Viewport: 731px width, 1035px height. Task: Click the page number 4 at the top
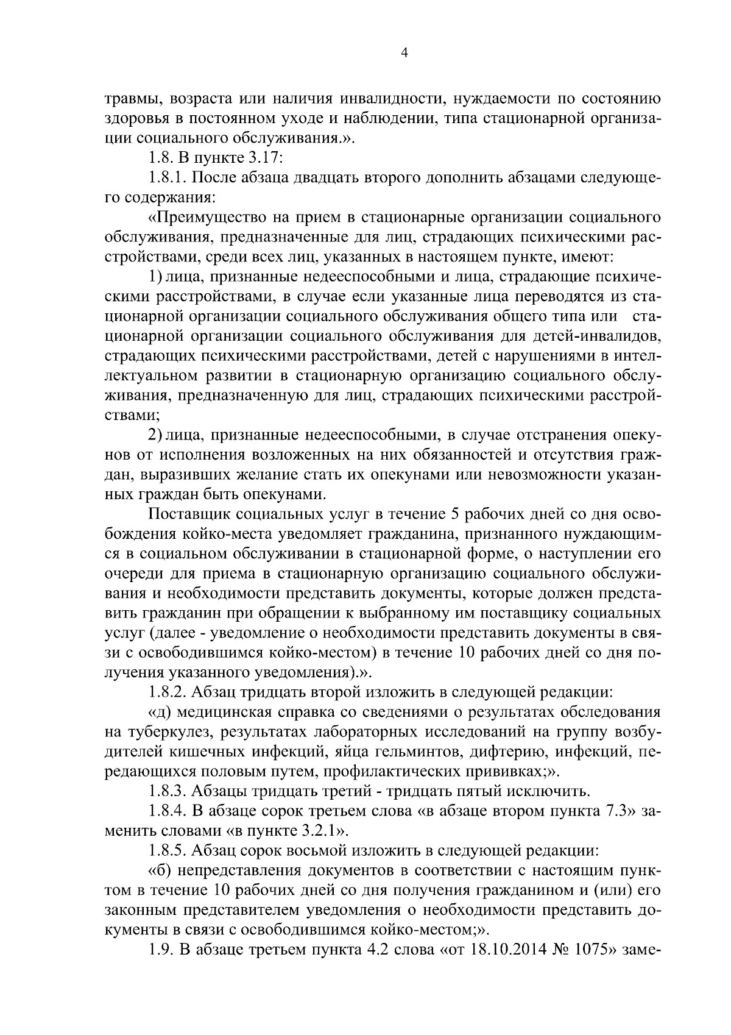click(x=404, y=54)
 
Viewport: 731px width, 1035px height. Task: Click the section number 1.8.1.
click(x=168, y=177)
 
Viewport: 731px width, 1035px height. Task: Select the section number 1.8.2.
click(x=168, y=692)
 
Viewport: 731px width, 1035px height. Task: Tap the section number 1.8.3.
click(x=168, y=791)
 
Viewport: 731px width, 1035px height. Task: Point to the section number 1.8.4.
click(x=168, y=811)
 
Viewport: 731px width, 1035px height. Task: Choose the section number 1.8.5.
click(x=168, y=851)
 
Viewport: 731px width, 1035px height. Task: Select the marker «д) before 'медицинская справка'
click(x=162, y=713)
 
